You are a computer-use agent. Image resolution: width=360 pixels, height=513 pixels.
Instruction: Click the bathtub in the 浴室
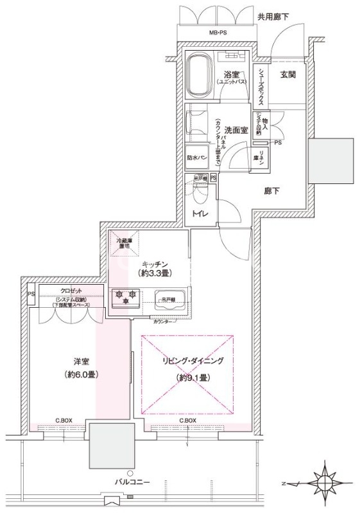point(201,74)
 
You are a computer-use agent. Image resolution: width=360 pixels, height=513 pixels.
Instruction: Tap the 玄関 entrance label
point(287,75)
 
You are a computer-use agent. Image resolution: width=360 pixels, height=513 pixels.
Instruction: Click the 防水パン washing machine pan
point(196,156)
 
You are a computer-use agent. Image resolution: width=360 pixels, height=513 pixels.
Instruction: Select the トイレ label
point(197,214)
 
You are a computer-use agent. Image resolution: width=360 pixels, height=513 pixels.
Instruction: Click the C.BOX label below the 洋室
point(64,421)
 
